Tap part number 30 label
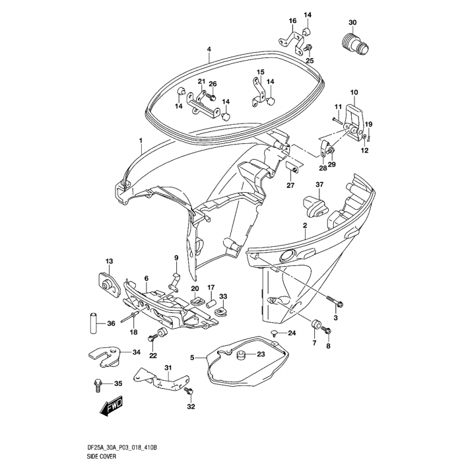tap(352, 22)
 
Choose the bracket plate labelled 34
tap(106, 356)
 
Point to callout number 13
tap(110, 261)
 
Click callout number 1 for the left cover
tap(141, 141)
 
